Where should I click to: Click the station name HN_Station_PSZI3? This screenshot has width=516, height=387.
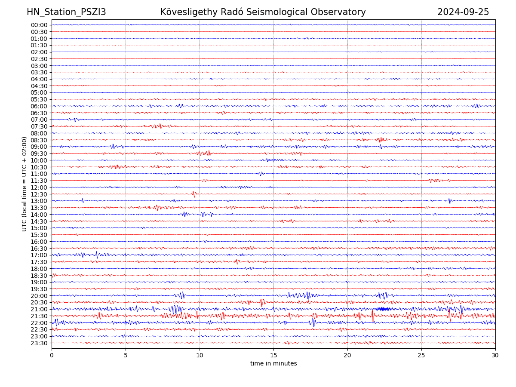[66, 12]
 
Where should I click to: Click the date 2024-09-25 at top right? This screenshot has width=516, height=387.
[463, 12]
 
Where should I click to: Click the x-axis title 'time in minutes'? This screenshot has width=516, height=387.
[273, 364]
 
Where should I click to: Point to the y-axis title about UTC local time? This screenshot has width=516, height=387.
[25, 184]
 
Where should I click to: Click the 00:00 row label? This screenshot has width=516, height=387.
[39, 25]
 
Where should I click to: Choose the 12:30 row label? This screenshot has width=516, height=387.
[39, 194]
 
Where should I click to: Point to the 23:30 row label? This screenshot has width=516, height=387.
[39, 343]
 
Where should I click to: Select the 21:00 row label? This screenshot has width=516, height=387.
[39, 309]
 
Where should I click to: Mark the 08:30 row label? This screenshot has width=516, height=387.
[39, 140]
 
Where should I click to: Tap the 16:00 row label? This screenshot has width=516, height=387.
[39, 242]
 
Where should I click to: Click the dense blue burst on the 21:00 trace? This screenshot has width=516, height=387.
[384, 309]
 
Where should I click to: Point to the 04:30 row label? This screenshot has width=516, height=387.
[39, 86]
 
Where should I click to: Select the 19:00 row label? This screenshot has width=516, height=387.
[39, 282]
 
